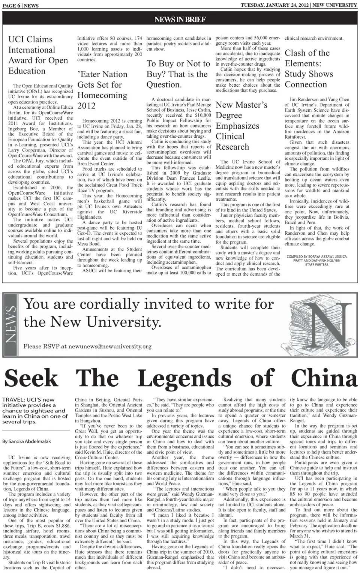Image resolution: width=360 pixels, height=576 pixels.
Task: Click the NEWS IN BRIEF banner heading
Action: pyautogui.click(x=180, y=19)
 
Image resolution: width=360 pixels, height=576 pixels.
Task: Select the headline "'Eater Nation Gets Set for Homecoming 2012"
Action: pyautogui.click(x=102, y=90)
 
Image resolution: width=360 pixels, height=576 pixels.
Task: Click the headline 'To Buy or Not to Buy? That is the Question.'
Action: pyautogui.click(x=178, y=74)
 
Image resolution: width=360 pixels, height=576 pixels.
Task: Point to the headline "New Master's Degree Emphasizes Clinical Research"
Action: pyautogui.click(x=241, y=126)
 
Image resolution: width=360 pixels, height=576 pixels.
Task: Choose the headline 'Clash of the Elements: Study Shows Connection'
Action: pyautogui.click(x=309, y=69)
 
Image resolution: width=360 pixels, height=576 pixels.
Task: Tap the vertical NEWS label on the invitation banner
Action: pyautogui.click(x=10, y=324)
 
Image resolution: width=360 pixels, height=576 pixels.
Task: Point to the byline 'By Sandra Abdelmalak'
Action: pyautogui.click(x=27, y=441)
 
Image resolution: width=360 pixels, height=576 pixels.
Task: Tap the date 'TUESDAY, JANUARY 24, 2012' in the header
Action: pyautogui.click(x=275, y=5)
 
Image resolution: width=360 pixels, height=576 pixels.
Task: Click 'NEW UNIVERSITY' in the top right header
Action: pyautogui.click(x=335, y=5)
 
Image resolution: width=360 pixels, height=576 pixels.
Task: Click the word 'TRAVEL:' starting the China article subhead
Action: pyautogui.click(x=15, y=400)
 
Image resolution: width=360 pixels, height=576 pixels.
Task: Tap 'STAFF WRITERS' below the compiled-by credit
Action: pyautogui.click(x=316, y=265)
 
